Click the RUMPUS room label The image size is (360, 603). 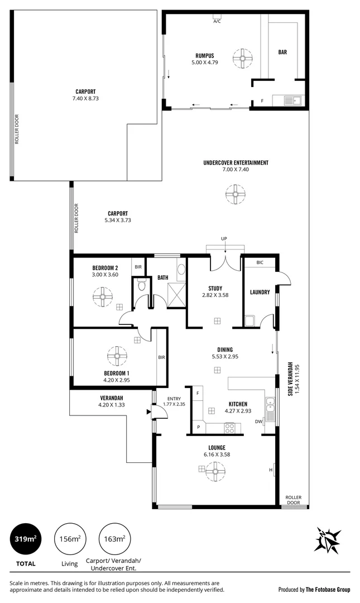click(205, 55)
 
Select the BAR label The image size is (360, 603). click(282, 52)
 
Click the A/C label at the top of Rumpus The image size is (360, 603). click(217, 22)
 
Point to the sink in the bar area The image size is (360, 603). click(290, 100)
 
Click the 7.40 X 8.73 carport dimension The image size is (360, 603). click(85, 98)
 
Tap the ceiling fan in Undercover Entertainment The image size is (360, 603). click(234, 194)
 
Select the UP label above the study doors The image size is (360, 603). click(224, 239)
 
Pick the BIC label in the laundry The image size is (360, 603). click(260, 262)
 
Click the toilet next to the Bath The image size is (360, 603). click(142, 287)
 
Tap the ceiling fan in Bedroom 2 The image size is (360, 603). click(102, 296)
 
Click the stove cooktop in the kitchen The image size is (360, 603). click(229, 429)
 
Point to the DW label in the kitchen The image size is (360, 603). click(258, 422)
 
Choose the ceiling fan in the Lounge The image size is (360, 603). click(214, 471)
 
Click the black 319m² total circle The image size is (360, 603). click(26, 539)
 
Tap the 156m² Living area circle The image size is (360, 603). click(70, 539)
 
